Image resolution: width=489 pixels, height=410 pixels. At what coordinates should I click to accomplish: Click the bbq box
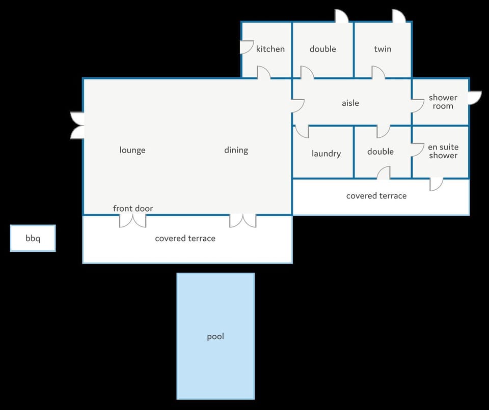(33, 238)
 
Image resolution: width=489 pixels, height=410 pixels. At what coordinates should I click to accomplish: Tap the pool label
(215, 337)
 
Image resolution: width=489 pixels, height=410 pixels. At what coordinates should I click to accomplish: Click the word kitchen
(270, 49)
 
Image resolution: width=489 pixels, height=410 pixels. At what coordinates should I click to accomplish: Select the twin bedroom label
(383, 49)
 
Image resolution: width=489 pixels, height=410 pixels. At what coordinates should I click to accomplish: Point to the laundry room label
(326, 154)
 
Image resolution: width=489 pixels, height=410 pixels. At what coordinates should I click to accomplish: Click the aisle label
(350, 103)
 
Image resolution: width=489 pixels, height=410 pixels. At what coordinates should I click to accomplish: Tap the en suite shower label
(443, 151)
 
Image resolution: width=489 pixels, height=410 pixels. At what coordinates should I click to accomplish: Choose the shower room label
(443, 102)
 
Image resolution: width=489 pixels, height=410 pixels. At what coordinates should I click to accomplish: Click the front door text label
(133, 208)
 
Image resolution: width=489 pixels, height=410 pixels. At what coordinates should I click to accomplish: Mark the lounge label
(132, 150)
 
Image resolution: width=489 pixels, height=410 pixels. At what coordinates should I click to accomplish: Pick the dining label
(236, 150)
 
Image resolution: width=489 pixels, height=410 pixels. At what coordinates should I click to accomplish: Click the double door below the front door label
(133, 221)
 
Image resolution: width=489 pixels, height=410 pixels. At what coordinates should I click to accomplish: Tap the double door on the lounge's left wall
(77, 125)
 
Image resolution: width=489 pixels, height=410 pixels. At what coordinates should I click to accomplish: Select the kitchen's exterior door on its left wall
(247, 47)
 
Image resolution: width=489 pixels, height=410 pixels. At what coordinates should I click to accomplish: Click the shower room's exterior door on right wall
(475, 98)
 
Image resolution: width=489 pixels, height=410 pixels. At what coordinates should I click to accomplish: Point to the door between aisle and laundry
(302, 131)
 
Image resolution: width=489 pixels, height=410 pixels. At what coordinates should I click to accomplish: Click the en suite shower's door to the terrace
(437, 185)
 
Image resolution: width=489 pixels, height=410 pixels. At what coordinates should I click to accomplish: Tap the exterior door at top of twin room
(399, 16)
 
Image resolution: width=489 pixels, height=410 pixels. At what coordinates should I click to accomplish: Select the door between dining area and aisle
(298, 106)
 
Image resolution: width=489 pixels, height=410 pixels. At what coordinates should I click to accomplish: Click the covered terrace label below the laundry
(376, 196)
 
